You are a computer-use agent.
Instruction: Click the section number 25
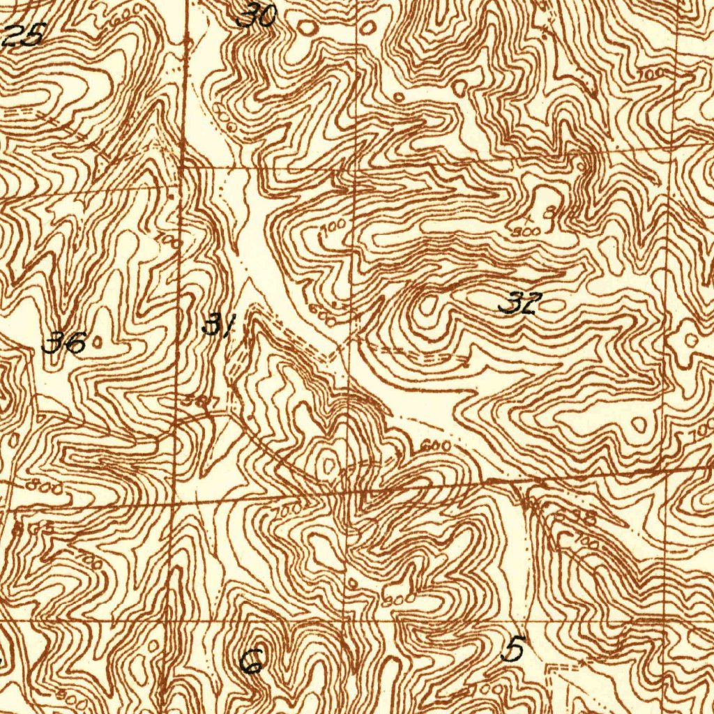25,35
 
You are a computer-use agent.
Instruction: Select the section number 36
64,342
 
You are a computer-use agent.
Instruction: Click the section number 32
520,304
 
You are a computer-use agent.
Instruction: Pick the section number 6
251,662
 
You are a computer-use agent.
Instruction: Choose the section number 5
512,651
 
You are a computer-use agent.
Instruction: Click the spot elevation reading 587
202,402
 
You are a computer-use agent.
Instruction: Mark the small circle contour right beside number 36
97,341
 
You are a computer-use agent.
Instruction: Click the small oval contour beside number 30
306,26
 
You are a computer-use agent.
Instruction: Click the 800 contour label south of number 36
49,488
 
